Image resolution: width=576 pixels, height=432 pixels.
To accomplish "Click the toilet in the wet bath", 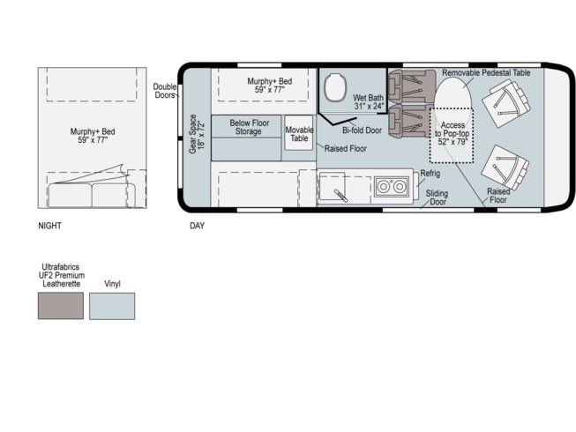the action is point(334,87).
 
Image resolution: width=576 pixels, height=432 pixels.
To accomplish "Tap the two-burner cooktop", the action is point(392,186).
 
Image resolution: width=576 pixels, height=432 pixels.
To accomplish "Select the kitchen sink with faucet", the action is point(332,187).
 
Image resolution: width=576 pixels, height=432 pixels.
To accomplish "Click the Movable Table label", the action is point(299,134).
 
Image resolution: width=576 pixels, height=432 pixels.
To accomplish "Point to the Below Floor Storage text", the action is point(249,127).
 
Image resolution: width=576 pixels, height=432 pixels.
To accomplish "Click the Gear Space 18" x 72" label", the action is point(196,134).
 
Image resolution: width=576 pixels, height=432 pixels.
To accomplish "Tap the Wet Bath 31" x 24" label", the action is point(369,102).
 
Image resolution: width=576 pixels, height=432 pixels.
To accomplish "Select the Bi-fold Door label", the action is point(362,130).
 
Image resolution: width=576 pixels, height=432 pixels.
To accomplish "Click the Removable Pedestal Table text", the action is point(486,72).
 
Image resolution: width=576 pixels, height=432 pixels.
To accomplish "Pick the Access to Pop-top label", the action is point(453,133).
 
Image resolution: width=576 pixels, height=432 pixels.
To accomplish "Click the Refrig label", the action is point(430,173).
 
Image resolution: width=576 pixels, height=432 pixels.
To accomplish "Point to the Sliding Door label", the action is point(438,197).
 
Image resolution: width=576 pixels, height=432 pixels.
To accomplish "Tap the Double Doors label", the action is point(165,91).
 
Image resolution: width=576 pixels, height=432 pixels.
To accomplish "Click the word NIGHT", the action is point(49,226).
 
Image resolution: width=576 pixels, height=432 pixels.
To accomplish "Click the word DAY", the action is point(198,226).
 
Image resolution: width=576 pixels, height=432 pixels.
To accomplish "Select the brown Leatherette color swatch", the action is point(61,306).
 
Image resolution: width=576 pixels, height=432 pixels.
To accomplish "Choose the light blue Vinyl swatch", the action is point(112,306).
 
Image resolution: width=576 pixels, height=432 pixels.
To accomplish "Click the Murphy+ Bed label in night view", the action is point(93,136).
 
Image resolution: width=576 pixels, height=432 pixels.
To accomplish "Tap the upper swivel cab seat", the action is point(505,103).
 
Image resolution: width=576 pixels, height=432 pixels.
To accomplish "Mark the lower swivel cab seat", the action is point(505,168).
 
